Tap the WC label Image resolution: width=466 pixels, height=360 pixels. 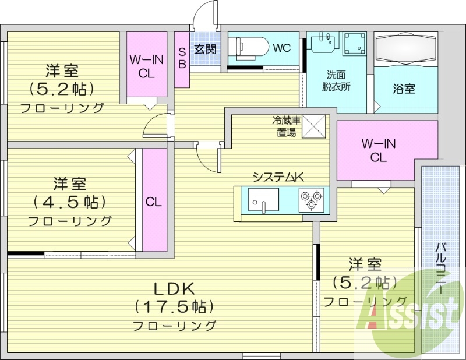point(281,48)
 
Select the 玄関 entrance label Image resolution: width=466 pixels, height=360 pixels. point(205,49)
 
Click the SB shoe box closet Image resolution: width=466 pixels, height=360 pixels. point(182,60)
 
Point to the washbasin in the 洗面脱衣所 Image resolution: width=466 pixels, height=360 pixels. point(324,41)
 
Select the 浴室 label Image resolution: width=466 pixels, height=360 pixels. point(404,89)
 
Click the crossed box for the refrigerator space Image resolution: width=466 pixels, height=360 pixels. point(313,126)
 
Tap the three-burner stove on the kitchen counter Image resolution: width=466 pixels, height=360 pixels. point(312,200)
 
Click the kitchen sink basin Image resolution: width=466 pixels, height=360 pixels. point(263,200)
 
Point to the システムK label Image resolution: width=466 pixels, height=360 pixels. point(278,177)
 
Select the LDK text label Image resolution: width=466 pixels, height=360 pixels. point(174,288)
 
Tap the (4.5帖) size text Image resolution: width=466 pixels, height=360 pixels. point(70,202)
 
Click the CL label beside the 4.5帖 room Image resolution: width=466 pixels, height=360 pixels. point(154,202)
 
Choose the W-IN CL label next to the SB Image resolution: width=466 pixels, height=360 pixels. point(147,66)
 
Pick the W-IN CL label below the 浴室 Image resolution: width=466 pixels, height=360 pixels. point(378,150)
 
